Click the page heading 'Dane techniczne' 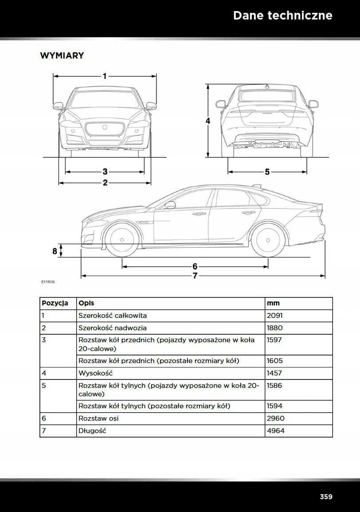click(282, 16)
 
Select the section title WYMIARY click(62, 56)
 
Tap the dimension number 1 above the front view click(105, 76)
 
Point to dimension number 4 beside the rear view click(207, 121)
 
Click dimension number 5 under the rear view click(267, 172)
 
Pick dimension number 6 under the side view click(195, 266)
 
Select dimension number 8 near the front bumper click(55, 251)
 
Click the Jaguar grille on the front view click(105, 129)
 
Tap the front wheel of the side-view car click(122, 240)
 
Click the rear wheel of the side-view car click(268, 240)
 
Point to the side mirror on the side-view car click(170, 205)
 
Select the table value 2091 click(274, 316)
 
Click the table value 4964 click(275, 430)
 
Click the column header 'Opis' click(86, 303)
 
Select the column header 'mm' click(273, 303)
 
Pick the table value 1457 click(274, 373)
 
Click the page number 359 click(326, 496)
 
